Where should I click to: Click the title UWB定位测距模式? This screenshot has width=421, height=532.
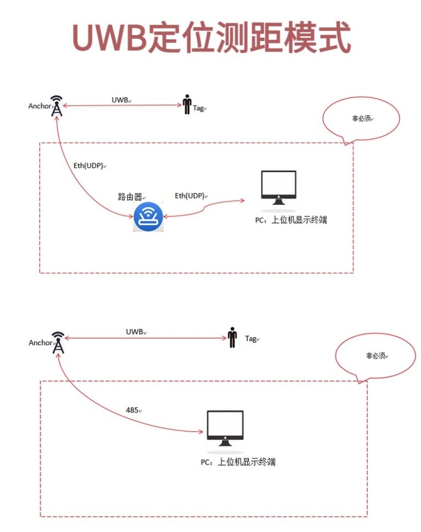(x=211, y=38)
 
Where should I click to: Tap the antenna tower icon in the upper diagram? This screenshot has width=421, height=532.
(x=56, y=106)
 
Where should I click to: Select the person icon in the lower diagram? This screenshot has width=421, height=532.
(x=232, y=338)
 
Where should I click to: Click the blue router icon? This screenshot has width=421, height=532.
(x=149, y=217)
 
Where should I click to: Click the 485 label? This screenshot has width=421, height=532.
(x=132, y=409)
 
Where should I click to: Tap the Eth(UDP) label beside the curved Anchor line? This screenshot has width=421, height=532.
(x=88, y=165)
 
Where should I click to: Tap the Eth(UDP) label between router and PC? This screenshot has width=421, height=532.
(x=190, y=195)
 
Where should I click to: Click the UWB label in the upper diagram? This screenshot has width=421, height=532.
(x=120, y=100)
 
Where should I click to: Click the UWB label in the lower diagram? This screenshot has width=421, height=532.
(x=134, y=332)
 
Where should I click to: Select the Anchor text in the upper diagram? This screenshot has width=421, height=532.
(x=39, y=106)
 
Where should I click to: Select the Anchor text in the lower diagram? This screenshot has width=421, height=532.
(x=40, y=343)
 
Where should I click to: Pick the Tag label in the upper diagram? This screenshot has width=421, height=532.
(x=198, y=108)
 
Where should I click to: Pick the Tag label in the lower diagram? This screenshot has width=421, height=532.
(x=251, y=339)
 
